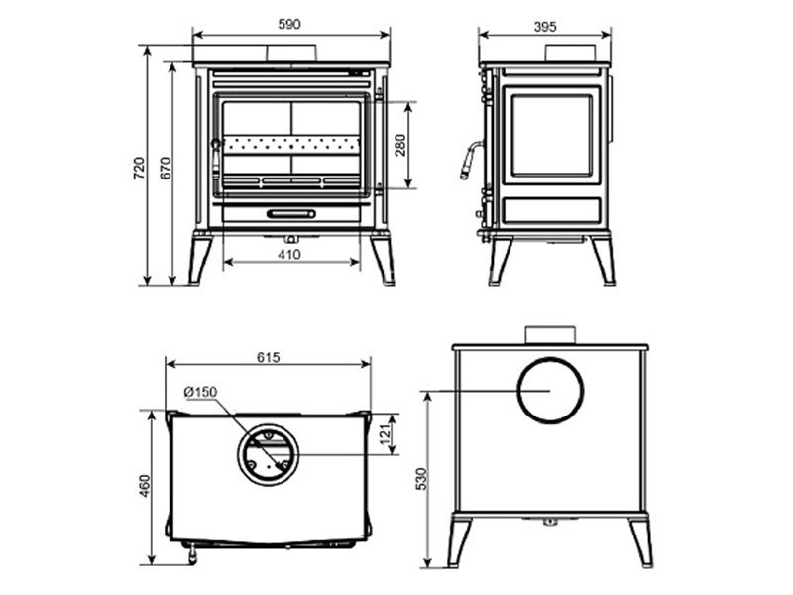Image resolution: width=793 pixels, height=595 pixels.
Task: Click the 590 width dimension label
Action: [289, 24]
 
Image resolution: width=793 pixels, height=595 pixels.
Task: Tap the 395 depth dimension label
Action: [545, 27]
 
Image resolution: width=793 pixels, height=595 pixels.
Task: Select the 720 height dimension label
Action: [139, 168]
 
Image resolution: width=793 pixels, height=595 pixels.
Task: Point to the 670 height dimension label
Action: [166, 168]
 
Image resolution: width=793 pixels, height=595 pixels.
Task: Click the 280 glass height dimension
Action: [400, 145]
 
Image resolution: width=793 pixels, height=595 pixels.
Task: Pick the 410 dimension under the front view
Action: [289, 254]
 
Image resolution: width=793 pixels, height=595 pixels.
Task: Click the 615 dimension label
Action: [268, 357]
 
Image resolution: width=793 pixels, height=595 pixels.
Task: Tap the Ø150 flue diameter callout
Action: [201, 392]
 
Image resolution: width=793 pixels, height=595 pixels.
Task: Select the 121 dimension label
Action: [386, 434]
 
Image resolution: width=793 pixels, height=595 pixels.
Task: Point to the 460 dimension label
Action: [145, 486]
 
